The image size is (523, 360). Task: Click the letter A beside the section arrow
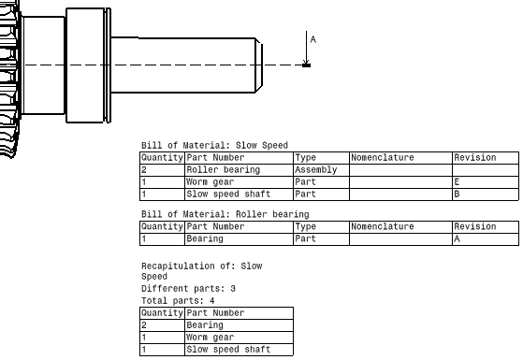point(312,39)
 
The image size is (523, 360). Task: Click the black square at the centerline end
point(307,65)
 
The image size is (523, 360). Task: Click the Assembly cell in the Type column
point(316,170)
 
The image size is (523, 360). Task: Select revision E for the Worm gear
point(457,182)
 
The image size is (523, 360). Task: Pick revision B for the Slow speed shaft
point(457,194)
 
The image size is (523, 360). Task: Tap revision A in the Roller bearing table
point(457,238)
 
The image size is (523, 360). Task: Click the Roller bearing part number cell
point(224,170)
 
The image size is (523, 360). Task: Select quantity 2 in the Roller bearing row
point(144,170)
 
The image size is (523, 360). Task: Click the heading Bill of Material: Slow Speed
point(214,145)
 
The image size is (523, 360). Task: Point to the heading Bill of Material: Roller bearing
point(225,214)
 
